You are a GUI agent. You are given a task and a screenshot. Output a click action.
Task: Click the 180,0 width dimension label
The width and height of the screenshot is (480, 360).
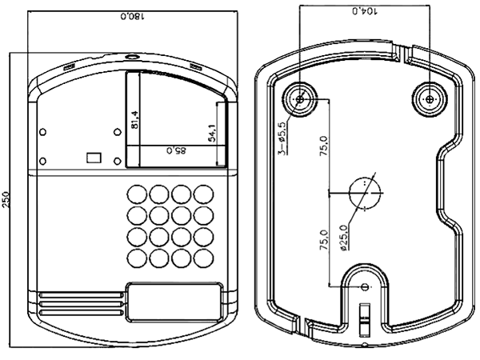coord(132,16)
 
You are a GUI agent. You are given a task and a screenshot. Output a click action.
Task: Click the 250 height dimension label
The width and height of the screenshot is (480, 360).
coord(6,199)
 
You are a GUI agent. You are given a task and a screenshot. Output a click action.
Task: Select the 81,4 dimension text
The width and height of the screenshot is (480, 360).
coord(134,120)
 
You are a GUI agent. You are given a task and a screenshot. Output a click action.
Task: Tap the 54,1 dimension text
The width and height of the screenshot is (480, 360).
coord(212,133)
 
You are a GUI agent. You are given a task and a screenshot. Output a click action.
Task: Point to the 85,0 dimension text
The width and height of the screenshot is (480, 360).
coord(176,150)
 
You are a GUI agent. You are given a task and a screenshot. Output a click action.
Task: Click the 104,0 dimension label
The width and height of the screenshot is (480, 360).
coord(366,11)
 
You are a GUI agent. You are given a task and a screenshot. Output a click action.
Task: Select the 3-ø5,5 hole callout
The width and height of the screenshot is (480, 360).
coord(282,138)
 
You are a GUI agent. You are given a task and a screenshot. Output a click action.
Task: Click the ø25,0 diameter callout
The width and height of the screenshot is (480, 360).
coord(344,238)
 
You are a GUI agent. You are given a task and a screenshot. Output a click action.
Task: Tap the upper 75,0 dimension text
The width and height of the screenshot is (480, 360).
coord(324,146)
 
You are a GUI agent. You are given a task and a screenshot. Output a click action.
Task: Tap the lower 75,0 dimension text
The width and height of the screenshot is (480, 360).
coord(324,240)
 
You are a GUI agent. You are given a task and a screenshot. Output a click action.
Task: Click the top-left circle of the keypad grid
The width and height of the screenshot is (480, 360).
coord(137,194)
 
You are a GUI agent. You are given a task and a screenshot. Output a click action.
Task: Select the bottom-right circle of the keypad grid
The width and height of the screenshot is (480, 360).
coord(204,258)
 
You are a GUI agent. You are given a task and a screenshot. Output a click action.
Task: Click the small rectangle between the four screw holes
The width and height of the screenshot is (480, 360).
coord(94,158)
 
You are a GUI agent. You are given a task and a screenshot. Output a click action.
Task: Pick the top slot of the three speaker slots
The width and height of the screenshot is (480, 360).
coord(81,295)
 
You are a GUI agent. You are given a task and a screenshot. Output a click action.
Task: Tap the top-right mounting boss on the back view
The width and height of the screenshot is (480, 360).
coord(430,99)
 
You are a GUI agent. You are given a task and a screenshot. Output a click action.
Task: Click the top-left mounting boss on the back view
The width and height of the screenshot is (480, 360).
coord(300,99)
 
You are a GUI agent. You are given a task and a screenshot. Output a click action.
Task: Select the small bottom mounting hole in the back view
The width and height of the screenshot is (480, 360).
coord(365,287)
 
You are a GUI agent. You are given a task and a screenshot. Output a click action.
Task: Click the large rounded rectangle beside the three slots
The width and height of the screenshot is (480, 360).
coord(174,302)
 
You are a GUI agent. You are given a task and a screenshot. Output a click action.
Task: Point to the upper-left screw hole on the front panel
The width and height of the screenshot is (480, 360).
coord(43,132)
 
